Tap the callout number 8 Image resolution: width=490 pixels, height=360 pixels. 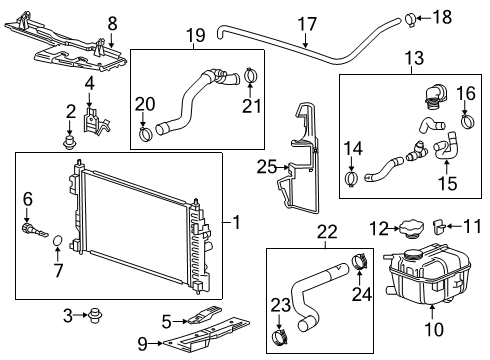(x=112, y=21)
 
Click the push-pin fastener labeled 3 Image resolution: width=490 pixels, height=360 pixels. (x=95, y=318)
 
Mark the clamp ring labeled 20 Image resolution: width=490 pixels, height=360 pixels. (x=147, y=133)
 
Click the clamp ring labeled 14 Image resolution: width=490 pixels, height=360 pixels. (x=352, y=180)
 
